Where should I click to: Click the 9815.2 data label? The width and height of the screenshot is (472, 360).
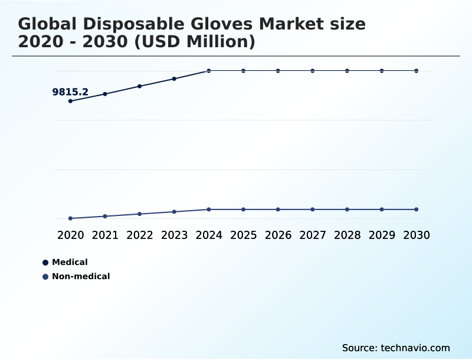(70, 92)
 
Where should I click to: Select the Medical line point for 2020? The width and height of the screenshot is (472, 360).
(71, 101)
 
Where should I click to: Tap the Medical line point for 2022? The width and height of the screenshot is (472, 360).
(140, 86)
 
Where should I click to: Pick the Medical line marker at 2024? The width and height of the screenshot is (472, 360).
(209, 71)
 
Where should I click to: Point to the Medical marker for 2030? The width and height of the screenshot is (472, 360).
(416, 71)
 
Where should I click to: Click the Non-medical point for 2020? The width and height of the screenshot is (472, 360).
(71, 218)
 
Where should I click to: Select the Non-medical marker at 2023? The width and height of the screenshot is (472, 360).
(174, 211)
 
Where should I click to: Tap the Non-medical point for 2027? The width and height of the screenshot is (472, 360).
(313, 210)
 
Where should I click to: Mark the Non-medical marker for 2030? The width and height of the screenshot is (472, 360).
(416, 210)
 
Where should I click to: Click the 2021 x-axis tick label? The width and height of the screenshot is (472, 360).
(105, 235)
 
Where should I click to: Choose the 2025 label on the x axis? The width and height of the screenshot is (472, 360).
(243, 235)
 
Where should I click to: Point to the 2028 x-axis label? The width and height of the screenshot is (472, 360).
(347, 235)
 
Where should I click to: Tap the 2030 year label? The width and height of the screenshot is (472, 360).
(416, 235)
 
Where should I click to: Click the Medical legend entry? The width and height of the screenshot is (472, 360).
(69, 262)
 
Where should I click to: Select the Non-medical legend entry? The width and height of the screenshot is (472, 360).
(80, 276)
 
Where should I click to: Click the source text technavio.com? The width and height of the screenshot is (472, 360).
(415, 348)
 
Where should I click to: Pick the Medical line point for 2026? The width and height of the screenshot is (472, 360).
(278, 71)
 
